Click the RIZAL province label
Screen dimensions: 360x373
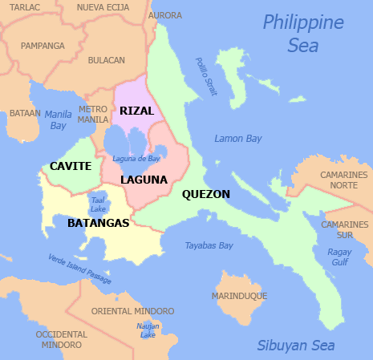[136, 111]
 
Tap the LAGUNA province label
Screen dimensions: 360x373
[144, 180]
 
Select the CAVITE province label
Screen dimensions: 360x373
[70, 166]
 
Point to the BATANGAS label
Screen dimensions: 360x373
[98, 223]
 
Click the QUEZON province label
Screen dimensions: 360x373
[206, 194]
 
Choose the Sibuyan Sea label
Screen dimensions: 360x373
[295, 346]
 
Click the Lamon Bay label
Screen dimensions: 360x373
[237, 139]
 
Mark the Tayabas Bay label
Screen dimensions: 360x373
[209, 245]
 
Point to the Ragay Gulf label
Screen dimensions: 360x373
[339, 256]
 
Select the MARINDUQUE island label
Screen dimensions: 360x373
[239, 296]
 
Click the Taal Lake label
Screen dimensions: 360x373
[98, 204]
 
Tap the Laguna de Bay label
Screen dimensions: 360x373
[136, 158]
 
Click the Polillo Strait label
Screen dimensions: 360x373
[206, 77]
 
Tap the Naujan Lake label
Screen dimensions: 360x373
[148, 330]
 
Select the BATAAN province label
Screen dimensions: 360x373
[25, 114]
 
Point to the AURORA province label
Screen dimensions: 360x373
[165, 15]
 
